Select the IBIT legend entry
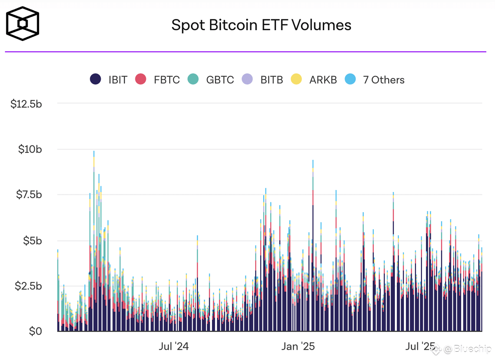[x=109, y=80]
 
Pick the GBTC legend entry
[x=211, y=80]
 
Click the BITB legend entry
[x=263, y=80]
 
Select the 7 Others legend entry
[x=375, y=80]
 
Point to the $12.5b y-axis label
[x=26, y=104]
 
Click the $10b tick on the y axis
[x=30, y=149]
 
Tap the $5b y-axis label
[x=32, y=240]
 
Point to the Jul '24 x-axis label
[x=174, y=346]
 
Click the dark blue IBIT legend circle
[x=96, y=80]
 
